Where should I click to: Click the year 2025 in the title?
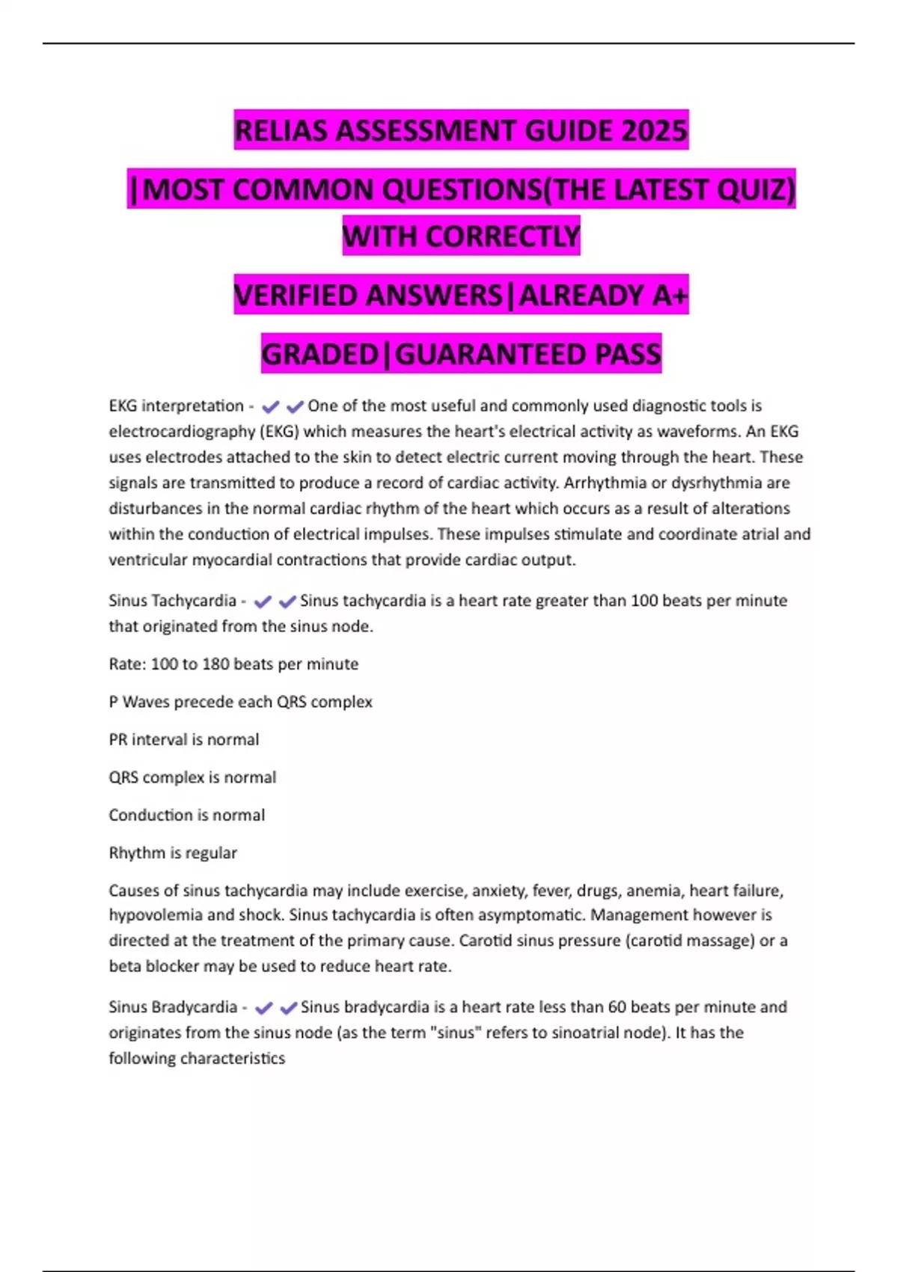click(x=653, y=131)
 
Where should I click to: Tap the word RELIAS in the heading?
click(x=281, y=131)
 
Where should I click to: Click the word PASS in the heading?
click(x=628, y=354)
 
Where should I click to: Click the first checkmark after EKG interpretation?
click(x=270, y=407)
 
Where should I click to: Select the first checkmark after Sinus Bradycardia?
click(x=263, y=1008)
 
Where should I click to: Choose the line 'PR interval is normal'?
click(x=184, y=740)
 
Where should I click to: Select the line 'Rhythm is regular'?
click(x=173, y=853)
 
